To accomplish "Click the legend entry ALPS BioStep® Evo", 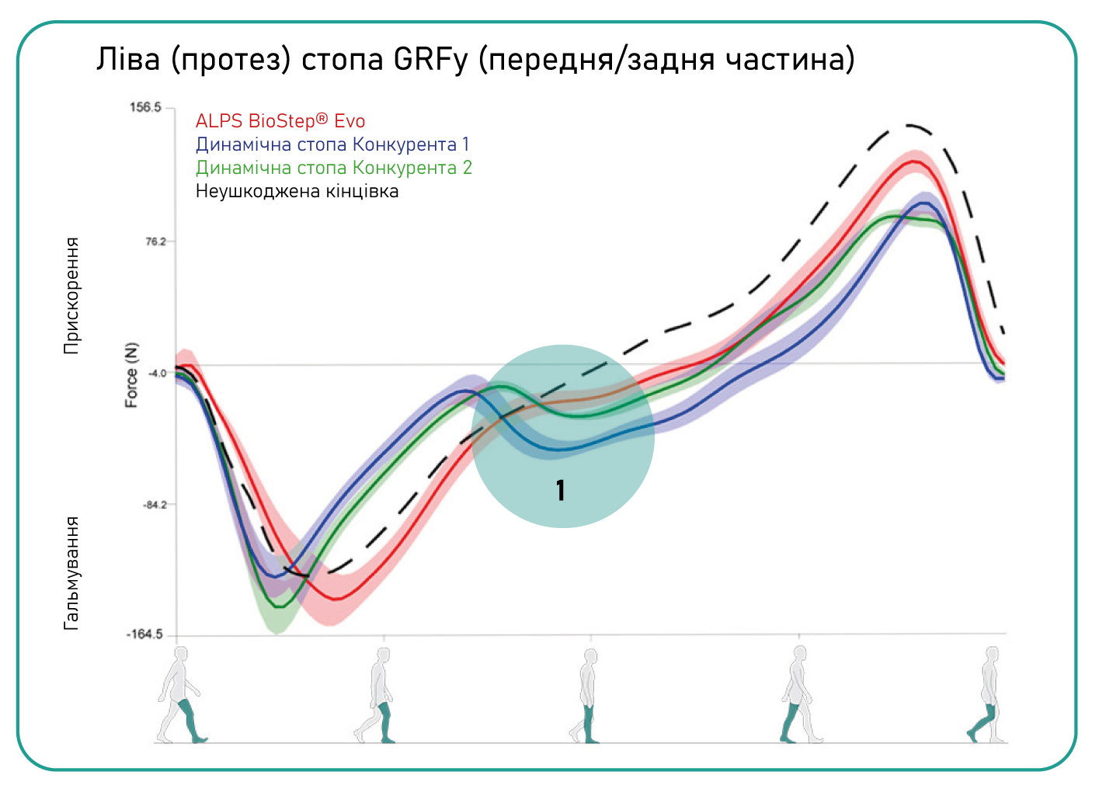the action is pos(280,120).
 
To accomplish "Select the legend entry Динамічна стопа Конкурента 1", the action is pos(332,144).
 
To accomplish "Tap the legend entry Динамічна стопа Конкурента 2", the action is pos(334,168).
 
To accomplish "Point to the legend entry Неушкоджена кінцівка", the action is pos(297,191).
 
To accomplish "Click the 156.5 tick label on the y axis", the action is pos(145,107).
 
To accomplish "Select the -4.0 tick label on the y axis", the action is pos(157,374).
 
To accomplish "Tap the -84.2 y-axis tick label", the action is pos(154,505).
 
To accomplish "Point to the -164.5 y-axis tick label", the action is pos(144,634).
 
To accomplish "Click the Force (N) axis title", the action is pos(131,375).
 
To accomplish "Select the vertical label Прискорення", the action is pos(71,296).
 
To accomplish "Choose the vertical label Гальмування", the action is pos(71,572).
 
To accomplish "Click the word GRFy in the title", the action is pos(430,60).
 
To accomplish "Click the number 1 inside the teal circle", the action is pos(561,490).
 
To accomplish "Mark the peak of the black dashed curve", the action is pos(909,126).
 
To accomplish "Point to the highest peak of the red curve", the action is pos(913,161).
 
